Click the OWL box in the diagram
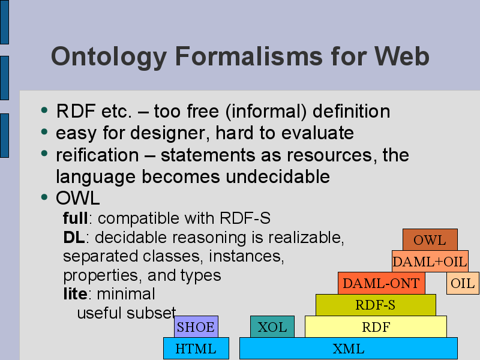430,239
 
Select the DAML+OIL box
430,262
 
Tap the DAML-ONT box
382,283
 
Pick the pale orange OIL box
463,283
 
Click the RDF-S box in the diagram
376,305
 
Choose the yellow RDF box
376,326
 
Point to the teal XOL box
272,326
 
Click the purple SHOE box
196,326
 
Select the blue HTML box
196,349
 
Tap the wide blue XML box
349,349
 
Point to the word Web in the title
401,56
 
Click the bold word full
76,218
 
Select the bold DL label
74,237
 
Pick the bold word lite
76,293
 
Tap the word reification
97,155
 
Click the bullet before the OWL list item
44,197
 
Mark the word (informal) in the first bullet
266,111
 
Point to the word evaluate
317,133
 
